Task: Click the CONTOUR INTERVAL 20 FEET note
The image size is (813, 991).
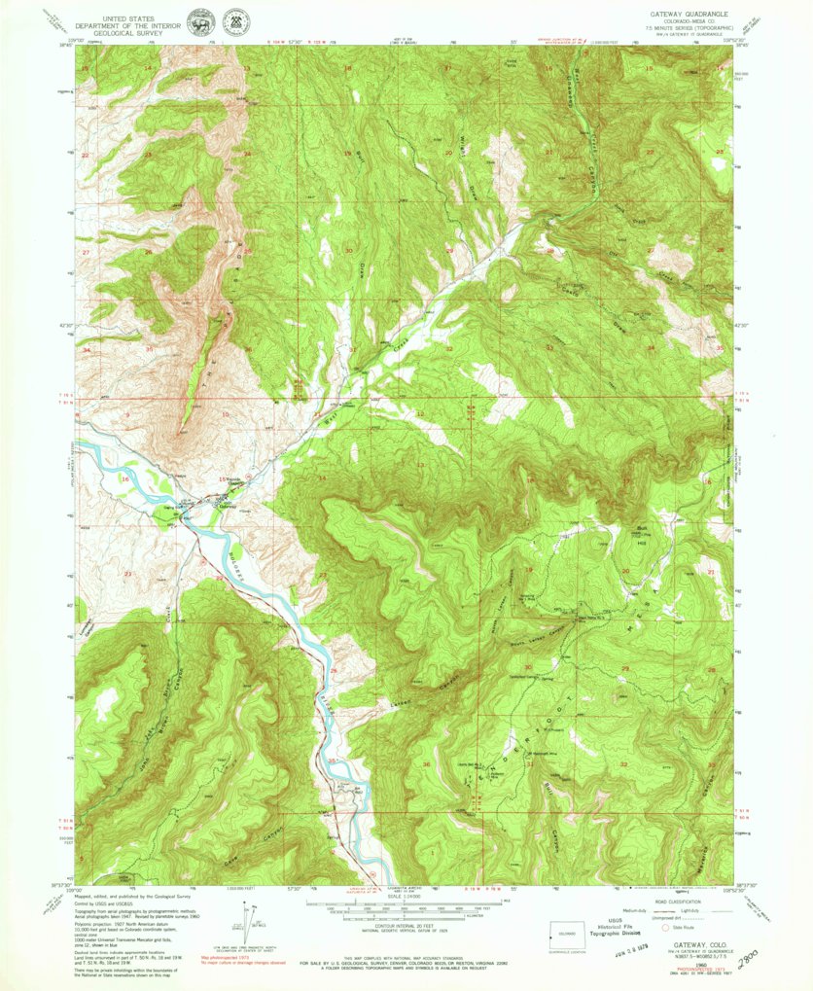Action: [406, 935]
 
